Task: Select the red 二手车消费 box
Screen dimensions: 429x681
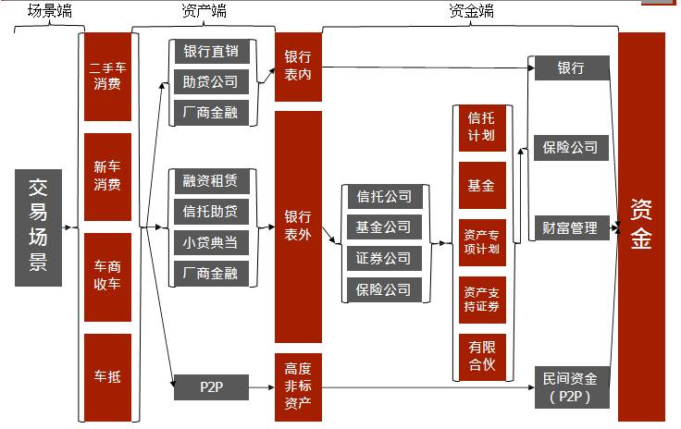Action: (x=107, y=77)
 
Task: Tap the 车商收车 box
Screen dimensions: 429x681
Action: (x=107, y=276)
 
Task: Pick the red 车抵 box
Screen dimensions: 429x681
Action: (x=107, y=376)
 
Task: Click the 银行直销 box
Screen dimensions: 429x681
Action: (x=211, y=52)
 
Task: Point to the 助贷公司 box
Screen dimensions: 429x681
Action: (x=211, y=82)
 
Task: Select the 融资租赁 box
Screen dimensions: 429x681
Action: (x=211, y=181)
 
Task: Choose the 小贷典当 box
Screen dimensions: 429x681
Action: (x=211, y=242)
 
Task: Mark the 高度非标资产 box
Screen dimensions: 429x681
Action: (x=298, y=387)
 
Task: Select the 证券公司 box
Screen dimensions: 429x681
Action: (x=384, y=259)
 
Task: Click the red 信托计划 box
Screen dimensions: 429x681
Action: (x=481, y=127)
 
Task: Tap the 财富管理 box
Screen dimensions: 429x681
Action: (x=571, y=227)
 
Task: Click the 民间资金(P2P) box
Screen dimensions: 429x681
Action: (x=571, y=388)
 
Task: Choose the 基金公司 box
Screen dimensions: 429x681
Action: (x=384, y=227)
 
